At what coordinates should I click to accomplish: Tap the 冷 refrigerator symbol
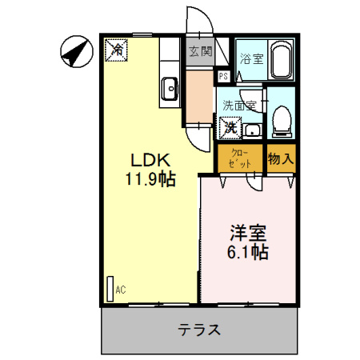117,50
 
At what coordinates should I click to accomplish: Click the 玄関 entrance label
200,52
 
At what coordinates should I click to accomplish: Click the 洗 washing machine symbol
230,126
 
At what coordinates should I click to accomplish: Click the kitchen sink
170,89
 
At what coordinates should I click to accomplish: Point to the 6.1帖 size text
247,253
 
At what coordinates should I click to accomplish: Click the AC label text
121,290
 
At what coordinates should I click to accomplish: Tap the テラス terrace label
199,330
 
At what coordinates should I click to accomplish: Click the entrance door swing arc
198,20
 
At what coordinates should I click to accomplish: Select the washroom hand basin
253,130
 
